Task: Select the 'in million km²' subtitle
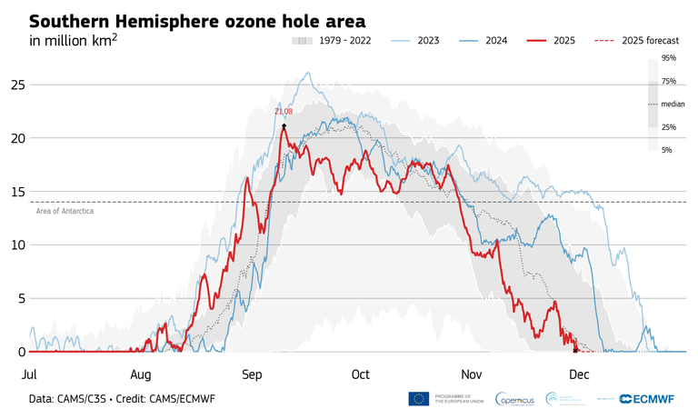[x=74, y=42]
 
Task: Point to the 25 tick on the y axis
[x=15, y=85]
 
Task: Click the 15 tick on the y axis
[x=15, y=192]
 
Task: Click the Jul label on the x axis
[x=29, y=374]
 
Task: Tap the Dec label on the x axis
[x=580, y=374]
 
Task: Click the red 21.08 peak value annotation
[x=284, y=112]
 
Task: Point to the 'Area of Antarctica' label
[x=65, y=211]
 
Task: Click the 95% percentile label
[x=668, y=58]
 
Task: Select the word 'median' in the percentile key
[x=673, y=105]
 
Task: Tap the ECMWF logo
[x=652, y=399]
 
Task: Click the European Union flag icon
[x=419, y=399]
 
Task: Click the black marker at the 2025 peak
[x=284, y=125]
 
